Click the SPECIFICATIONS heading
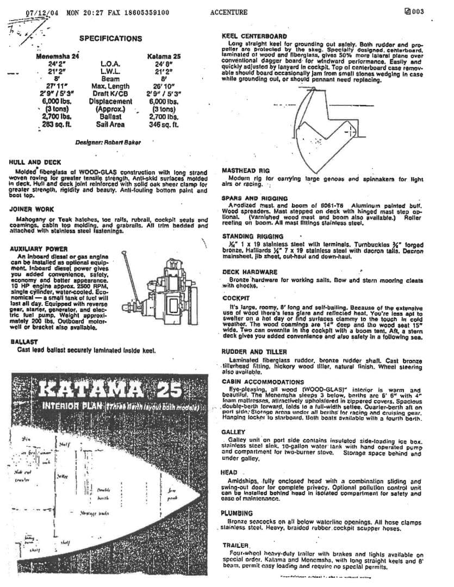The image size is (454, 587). tap(110, 39)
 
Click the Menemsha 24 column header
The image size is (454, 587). tap(58, 56)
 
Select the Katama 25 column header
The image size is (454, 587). tap(164, 56)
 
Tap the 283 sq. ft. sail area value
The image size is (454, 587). tap(57, 124)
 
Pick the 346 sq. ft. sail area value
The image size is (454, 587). tap(164, 124)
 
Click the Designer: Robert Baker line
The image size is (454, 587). tap(108, 142)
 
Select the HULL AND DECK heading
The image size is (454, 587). tap(35, 162)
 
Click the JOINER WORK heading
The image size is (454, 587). tap(32, 209)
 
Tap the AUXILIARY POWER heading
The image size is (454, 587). tap(39, 248)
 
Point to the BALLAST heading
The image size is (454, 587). tap(24, 342)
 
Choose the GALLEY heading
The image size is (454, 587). tap(233, 432)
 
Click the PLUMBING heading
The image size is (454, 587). tap(237, 513)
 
